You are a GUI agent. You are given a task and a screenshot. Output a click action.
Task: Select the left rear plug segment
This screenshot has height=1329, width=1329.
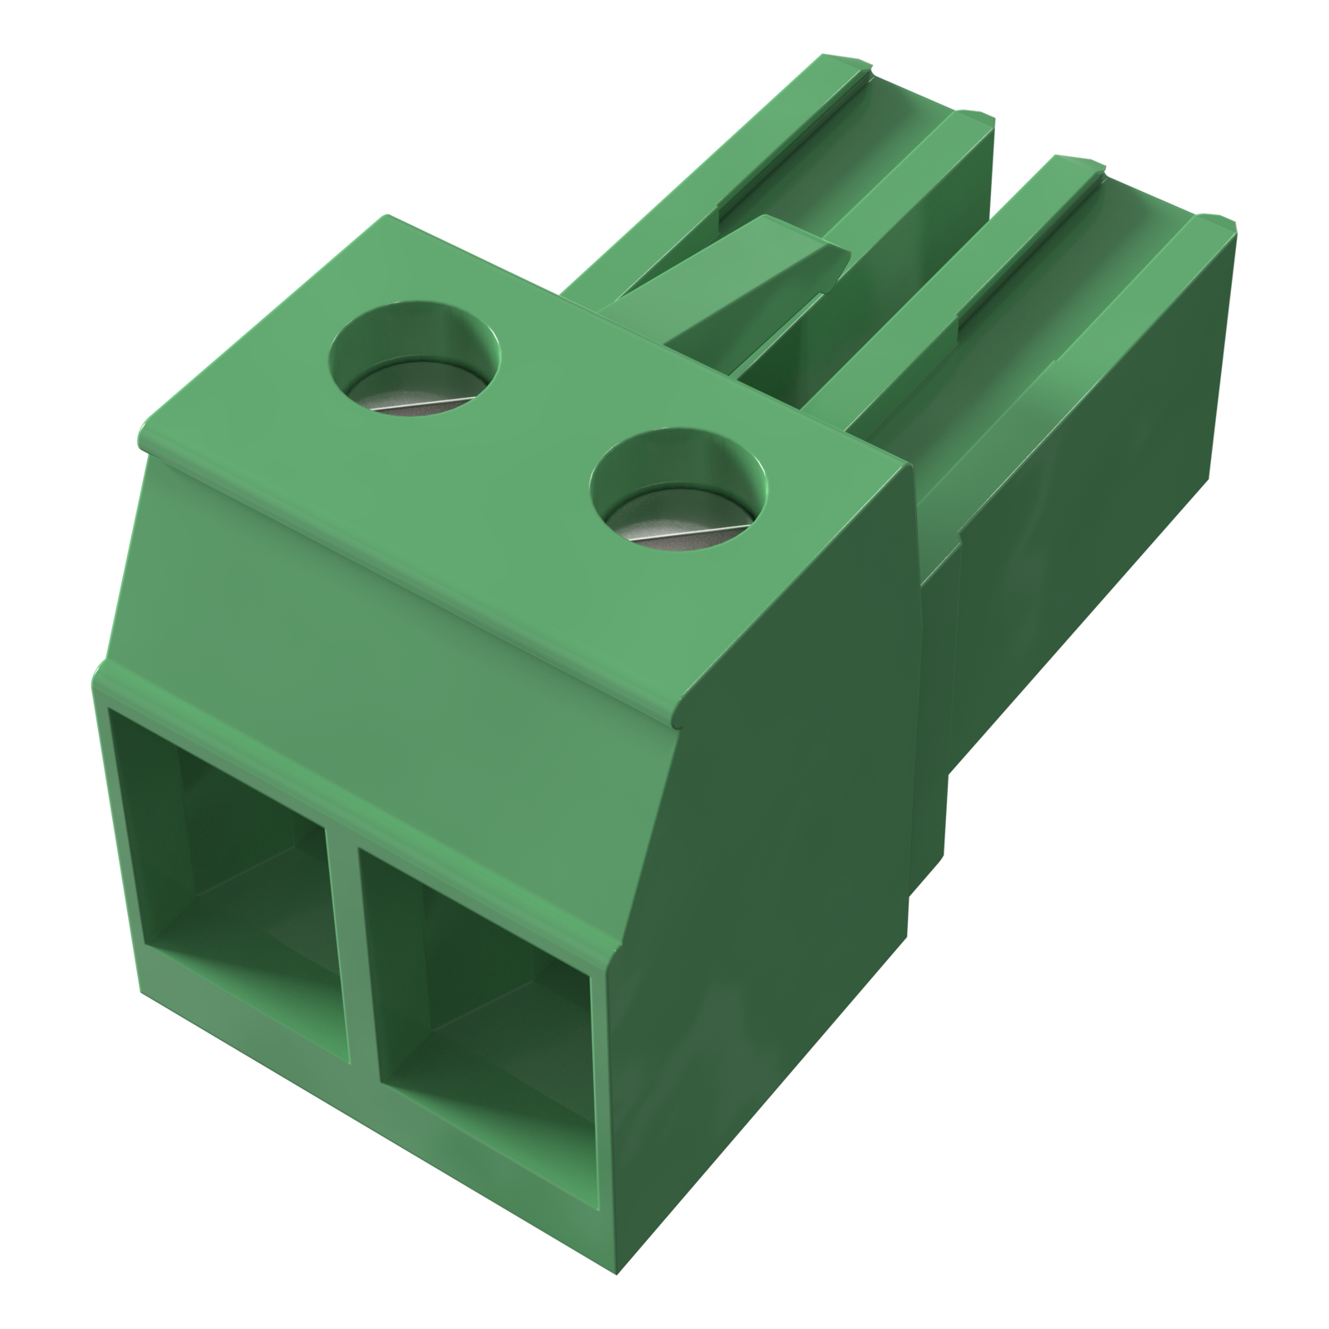(x=831, y=166)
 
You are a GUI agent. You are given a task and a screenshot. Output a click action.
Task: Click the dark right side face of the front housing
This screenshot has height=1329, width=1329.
(x=789, y=831)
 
